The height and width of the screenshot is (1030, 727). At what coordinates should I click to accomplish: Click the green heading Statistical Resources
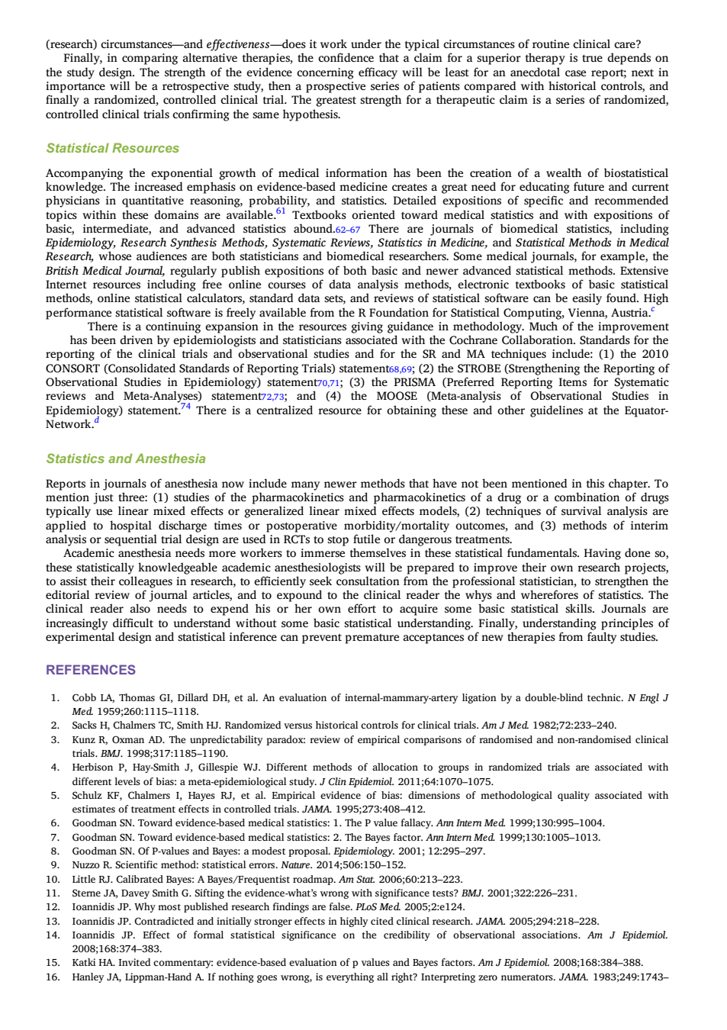pyautogui.click(x=112, y=148)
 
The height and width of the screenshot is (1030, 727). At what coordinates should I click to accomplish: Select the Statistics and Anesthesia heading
pyautogui.click(x=126, y=459)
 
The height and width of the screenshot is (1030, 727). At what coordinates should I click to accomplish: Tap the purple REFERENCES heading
pyautogui.click(x=91, y=670)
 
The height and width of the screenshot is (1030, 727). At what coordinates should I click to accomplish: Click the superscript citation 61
pyautogui.click(x=281, y=211)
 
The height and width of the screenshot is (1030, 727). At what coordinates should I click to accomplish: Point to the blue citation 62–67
pyautogui.click(x=348, y=230)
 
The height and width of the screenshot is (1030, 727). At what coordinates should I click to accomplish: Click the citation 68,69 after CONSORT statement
pyautogui.click(x=400, y=369)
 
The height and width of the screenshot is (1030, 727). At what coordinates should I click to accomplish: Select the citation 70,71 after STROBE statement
pyautogui.click(x=328, y=383)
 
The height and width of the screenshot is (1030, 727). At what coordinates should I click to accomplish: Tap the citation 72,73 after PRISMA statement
pyautogui.click(x=273, y=397)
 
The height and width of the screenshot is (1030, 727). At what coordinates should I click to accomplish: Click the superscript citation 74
pyautogui.click(x=185, y=406)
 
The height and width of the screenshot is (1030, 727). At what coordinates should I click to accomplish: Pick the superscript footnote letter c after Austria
pyautogui.click(x=652, y=309)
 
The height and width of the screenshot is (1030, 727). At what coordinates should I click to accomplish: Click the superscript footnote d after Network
pyautogui.click(x=97, y=420)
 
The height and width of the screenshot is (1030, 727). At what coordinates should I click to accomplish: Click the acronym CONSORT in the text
pyautogui.click(x=72, y=369)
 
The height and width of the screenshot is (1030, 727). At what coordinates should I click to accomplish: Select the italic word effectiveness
pyautogui.click(x=238, y=44)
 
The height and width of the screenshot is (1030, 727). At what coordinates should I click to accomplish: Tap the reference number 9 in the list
pyautogui.click(x=56, y=865)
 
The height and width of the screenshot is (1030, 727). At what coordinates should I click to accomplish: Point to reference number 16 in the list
pyautogui.click(x=53, y=977)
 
